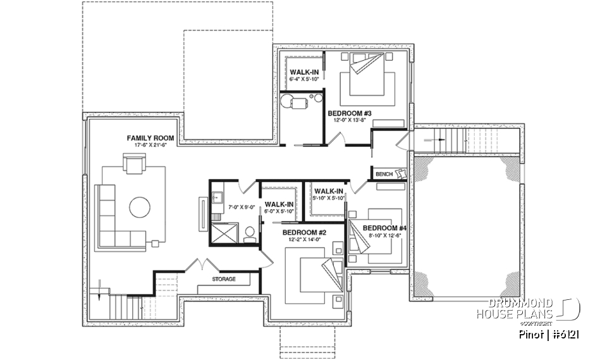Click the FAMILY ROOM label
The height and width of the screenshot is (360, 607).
click(150, 137)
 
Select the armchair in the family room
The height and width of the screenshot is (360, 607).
click(135, 165)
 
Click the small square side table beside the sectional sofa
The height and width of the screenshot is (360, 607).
click(154, 242)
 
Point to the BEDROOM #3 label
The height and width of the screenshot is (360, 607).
click(350, 113)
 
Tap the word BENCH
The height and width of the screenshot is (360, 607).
click(384, 174)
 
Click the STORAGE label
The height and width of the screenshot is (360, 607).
click(224, 279)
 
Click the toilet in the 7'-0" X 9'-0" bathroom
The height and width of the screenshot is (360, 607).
click(249, 234)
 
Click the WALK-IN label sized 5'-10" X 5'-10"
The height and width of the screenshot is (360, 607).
click(328, 191)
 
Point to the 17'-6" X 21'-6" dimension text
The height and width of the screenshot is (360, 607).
click(150, 146)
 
